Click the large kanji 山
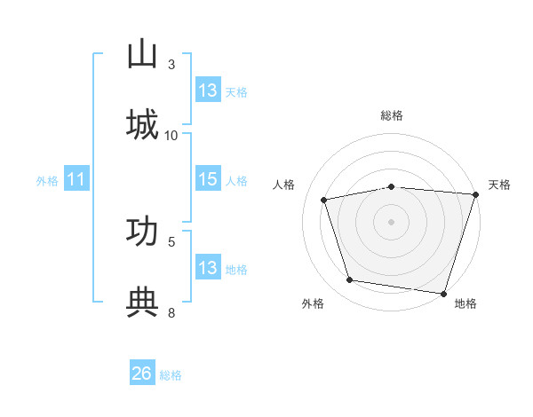(x=142, y=53)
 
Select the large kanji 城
(x=142, y=124)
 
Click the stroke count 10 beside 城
(x=171, y=136)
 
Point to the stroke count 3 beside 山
(x=171, y=65)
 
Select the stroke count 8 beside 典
(x=171, y=313)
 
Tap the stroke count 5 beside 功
(x=171, y=242)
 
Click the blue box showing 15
(x=209, y=178)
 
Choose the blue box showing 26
(x=142, y=372)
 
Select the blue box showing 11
(x=76, y=178)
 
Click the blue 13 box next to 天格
(x=209, y=90)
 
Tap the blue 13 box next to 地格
(x=209, y=266)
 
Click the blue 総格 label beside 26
(x=171, y=375)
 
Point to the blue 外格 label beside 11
(x=47, y=181)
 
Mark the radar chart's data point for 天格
(x=476, y=194)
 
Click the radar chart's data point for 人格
(x=323, y=200)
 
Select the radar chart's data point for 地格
(x=443, y=294)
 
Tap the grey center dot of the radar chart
(x=391, y=222)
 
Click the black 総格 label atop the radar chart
(x=392, y=115)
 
